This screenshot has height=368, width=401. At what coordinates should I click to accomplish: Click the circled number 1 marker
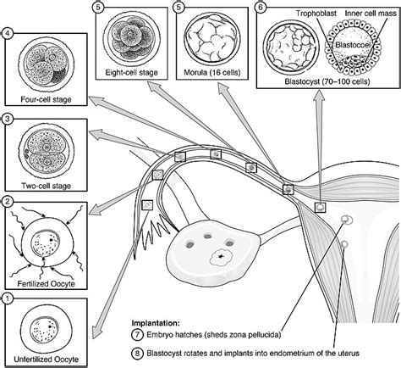8,298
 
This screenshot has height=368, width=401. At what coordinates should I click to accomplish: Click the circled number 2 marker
8,202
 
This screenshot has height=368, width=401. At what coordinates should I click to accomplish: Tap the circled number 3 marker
8,119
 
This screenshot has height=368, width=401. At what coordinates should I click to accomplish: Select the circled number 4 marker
8,35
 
